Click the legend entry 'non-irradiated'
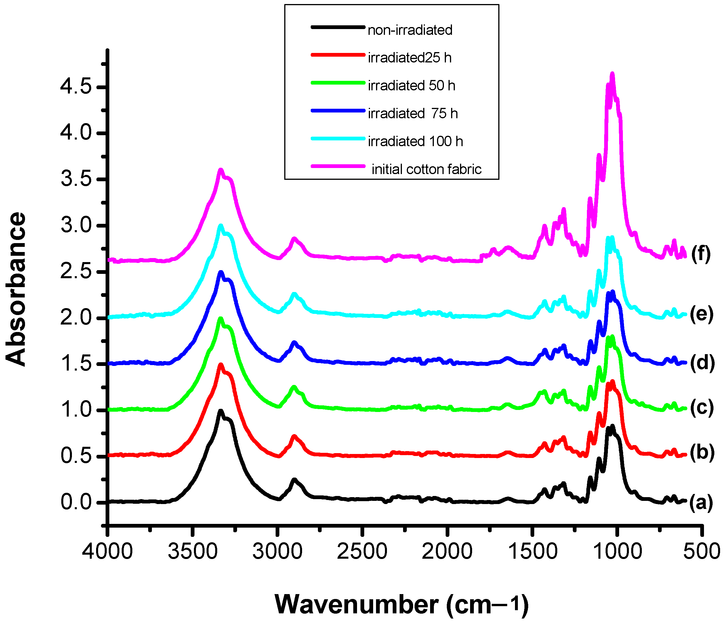410,30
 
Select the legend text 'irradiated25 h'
409,58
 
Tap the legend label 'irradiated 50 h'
411,86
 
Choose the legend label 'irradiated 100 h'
415,142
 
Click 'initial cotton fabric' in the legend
426,169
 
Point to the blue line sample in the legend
338,111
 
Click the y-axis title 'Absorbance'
16,289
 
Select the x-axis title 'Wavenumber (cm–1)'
402,604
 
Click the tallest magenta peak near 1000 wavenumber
612,74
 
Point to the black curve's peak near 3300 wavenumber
221,411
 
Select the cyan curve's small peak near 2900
294,294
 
